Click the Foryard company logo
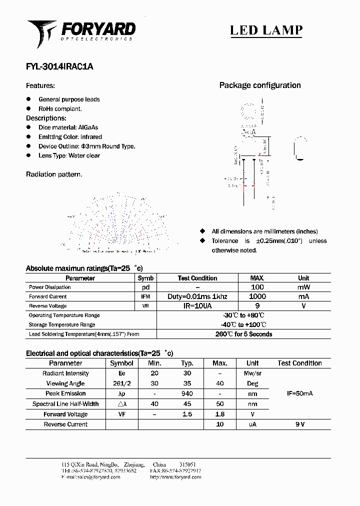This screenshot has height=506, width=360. point(81,32)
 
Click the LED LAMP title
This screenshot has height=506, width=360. point(266,30)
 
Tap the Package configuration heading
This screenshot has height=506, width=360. point(260,85)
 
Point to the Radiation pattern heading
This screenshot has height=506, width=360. point(54,174)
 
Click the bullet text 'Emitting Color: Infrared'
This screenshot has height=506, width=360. point(70,137)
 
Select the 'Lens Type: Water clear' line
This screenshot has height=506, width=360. point(69,155)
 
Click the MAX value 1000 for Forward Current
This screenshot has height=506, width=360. point(257,296)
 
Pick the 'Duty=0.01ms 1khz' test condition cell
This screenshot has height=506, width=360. point(197,296)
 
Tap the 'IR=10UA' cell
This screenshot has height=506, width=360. point(197,305)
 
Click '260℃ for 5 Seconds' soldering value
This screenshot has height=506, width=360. point(243,334)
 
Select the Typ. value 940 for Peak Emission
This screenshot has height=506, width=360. point(187,394)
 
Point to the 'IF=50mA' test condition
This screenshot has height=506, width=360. point(299,394)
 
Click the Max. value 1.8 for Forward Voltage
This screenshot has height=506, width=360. point(219,414)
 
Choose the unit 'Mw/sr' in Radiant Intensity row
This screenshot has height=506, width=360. point(252,373)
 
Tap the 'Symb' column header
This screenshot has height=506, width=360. point(145,278)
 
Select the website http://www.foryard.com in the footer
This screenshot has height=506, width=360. point(175,477)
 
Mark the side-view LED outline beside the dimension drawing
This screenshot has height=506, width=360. point(299,149)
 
